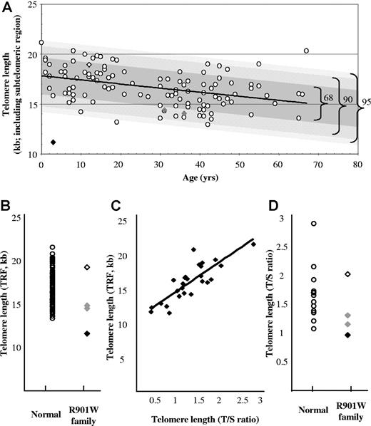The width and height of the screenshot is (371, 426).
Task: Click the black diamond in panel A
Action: coord(54,142)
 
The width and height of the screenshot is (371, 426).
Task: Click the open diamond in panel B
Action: coord(87,266)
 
